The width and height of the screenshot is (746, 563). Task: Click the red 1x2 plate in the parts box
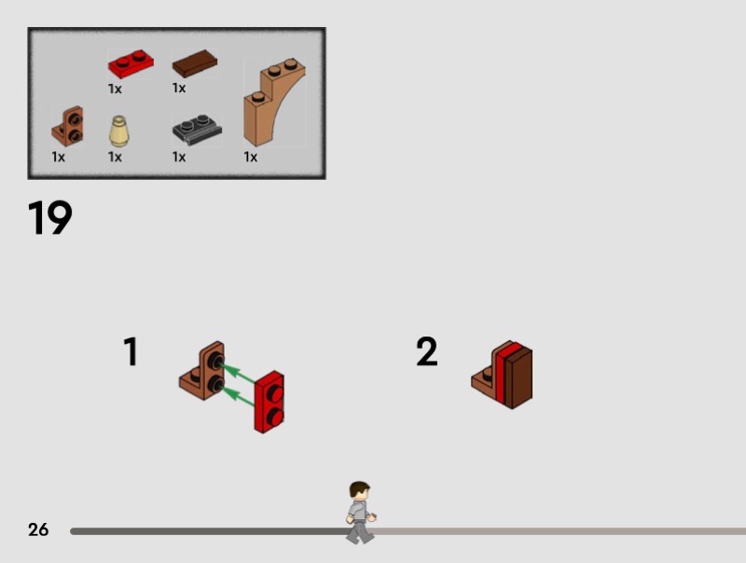(131, 63)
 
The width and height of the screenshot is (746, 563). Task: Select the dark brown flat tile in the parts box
(195, 63)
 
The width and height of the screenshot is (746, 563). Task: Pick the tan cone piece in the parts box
(118, 131)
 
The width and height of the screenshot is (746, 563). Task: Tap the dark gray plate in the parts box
(197, 130)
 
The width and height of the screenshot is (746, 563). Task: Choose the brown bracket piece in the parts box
(67, 126)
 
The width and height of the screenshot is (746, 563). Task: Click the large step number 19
(50, 217)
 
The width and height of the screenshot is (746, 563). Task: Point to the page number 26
(38, 529)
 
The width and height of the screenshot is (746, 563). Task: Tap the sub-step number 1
(131, 351)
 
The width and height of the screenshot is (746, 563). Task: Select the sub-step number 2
(427, 351)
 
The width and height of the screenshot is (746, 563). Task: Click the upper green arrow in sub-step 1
(238, 372)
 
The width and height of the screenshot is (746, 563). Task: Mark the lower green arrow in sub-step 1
(238, 396)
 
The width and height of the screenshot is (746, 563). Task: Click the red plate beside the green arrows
(269, 403)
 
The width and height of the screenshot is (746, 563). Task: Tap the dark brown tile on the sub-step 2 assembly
(518, 378)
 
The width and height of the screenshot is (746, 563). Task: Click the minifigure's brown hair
(358, 488)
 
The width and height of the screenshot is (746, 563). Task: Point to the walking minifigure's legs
(360, 531)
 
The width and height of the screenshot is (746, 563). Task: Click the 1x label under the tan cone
(115, 157)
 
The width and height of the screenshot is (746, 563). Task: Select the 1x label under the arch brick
(250, 157)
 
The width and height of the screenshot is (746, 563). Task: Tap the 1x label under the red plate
(115, 89)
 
